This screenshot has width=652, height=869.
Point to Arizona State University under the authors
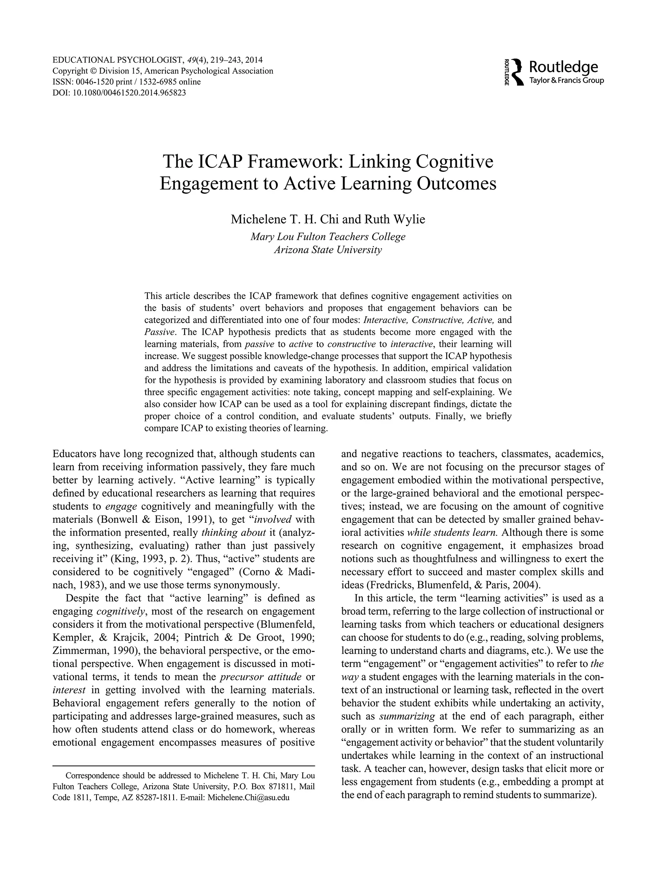328,250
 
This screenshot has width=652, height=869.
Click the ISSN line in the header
127,81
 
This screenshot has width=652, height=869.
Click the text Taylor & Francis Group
566,80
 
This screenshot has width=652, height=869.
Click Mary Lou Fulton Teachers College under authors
328,237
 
